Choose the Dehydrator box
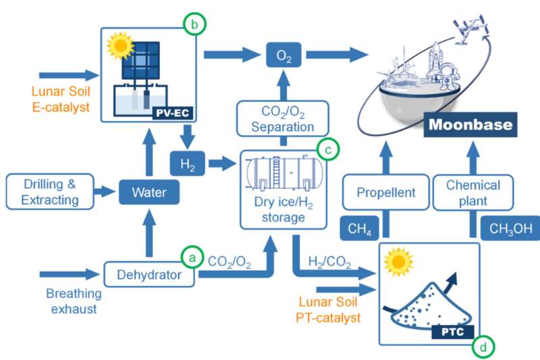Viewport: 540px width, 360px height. (x=150, y=274)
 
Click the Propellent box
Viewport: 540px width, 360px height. (x=385, y=192)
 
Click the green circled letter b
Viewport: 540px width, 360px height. (x=194, y=25)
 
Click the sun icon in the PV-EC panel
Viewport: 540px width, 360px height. (x=121, y=47)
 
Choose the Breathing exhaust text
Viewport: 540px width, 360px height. (x=74, y=301)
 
